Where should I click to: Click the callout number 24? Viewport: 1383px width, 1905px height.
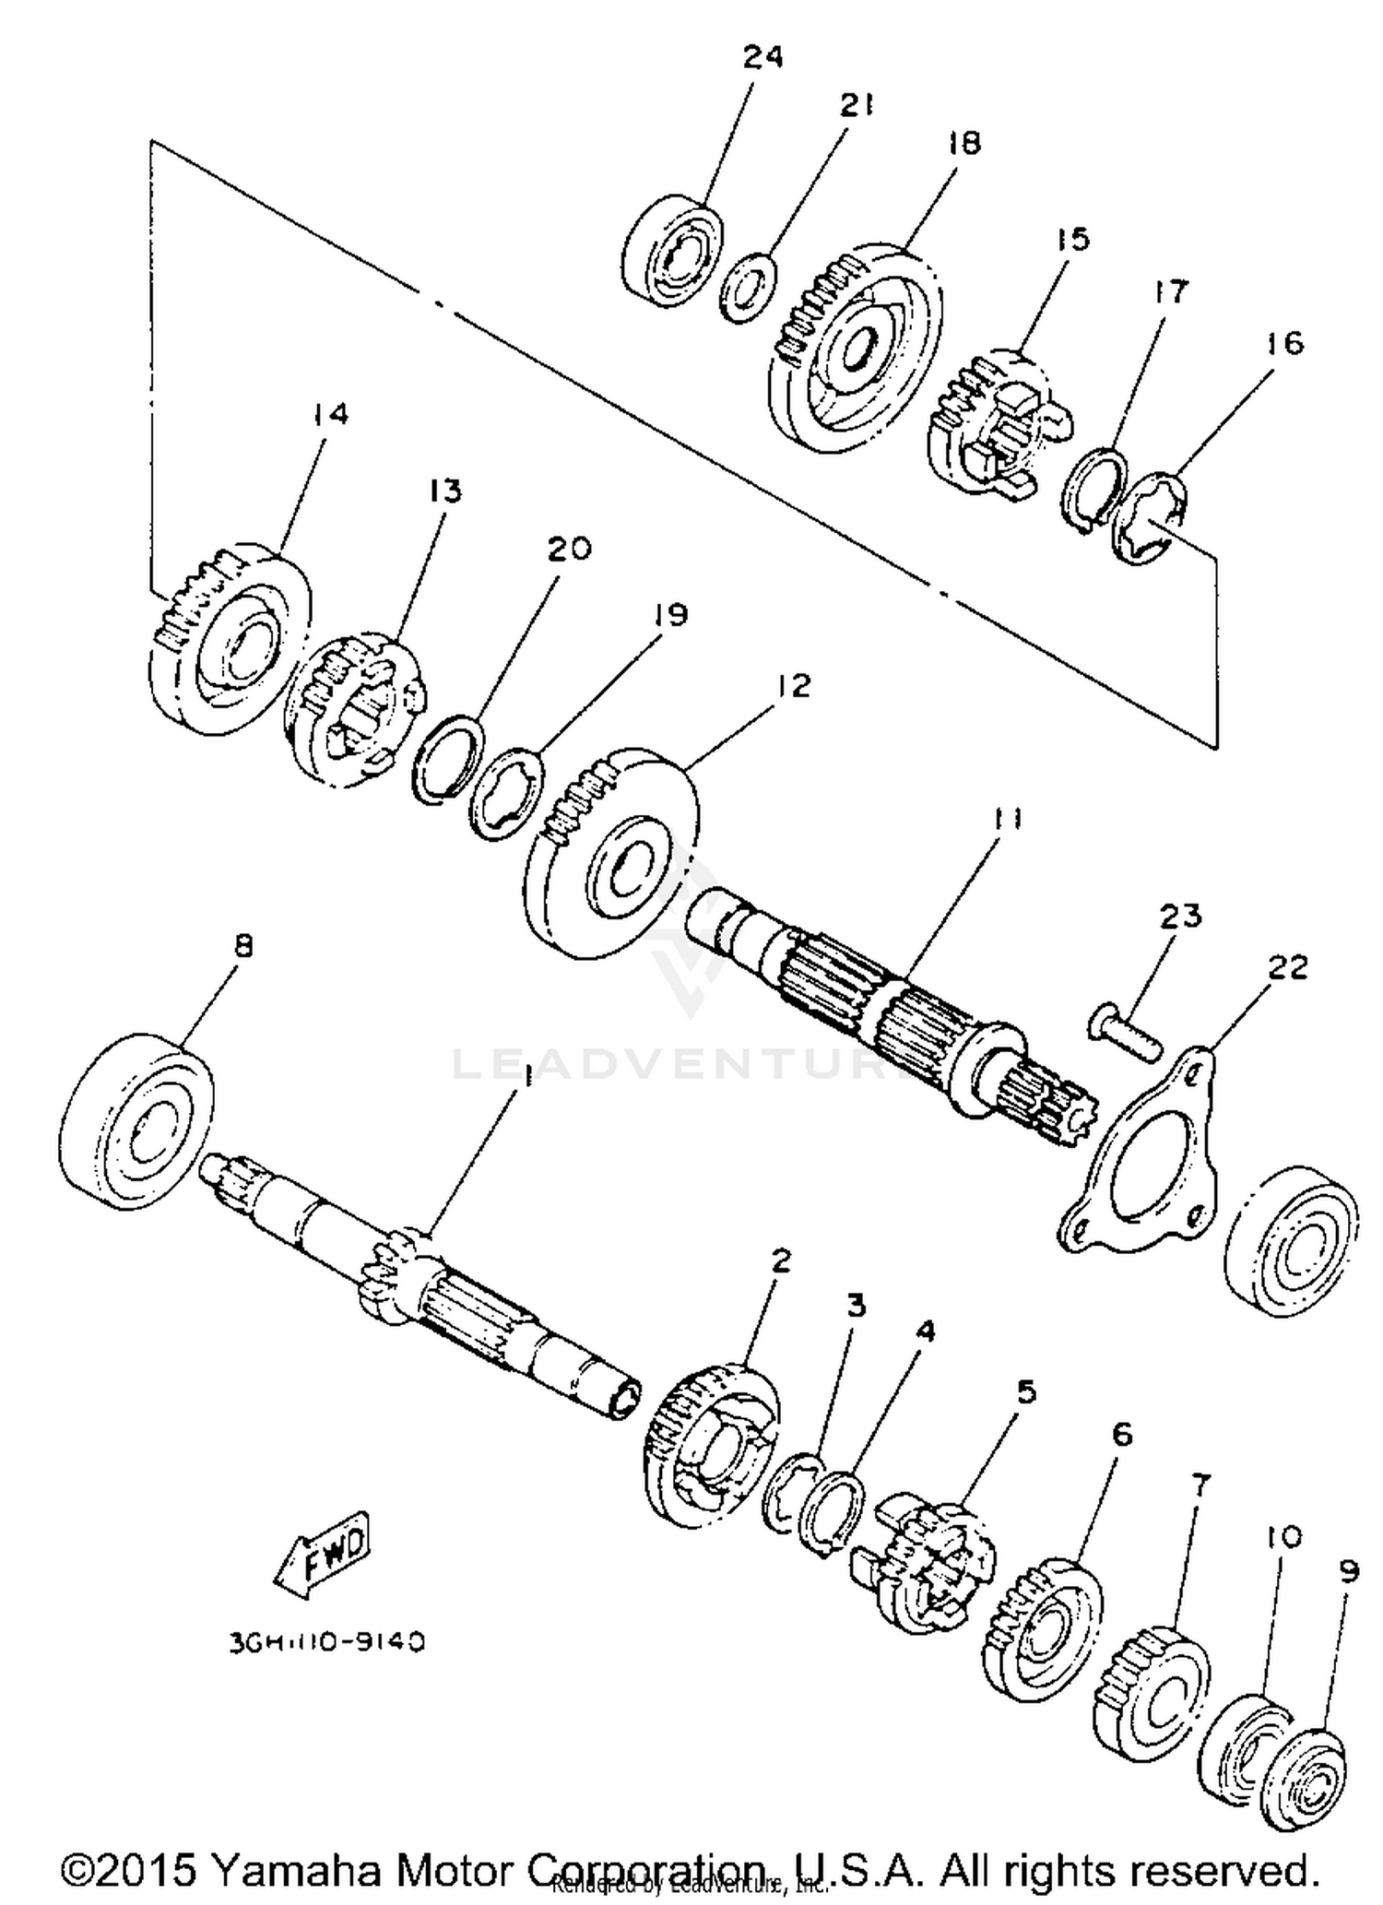click(762, 57)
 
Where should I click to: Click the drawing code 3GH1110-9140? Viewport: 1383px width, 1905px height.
click(326, 1643)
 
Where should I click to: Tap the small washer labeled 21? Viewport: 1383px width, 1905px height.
click(748, 290)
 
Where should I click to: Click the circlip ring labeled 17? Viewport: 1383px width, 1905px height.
click(1093, 490)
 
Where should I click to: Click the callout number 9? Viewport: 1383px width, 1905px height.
click(1349, 1572)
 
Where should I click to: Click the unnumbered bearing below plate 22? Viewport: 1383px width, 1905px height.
click(1291, 1244)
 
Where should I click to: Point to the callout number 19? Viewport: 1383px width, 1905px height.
click(671, 614)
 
